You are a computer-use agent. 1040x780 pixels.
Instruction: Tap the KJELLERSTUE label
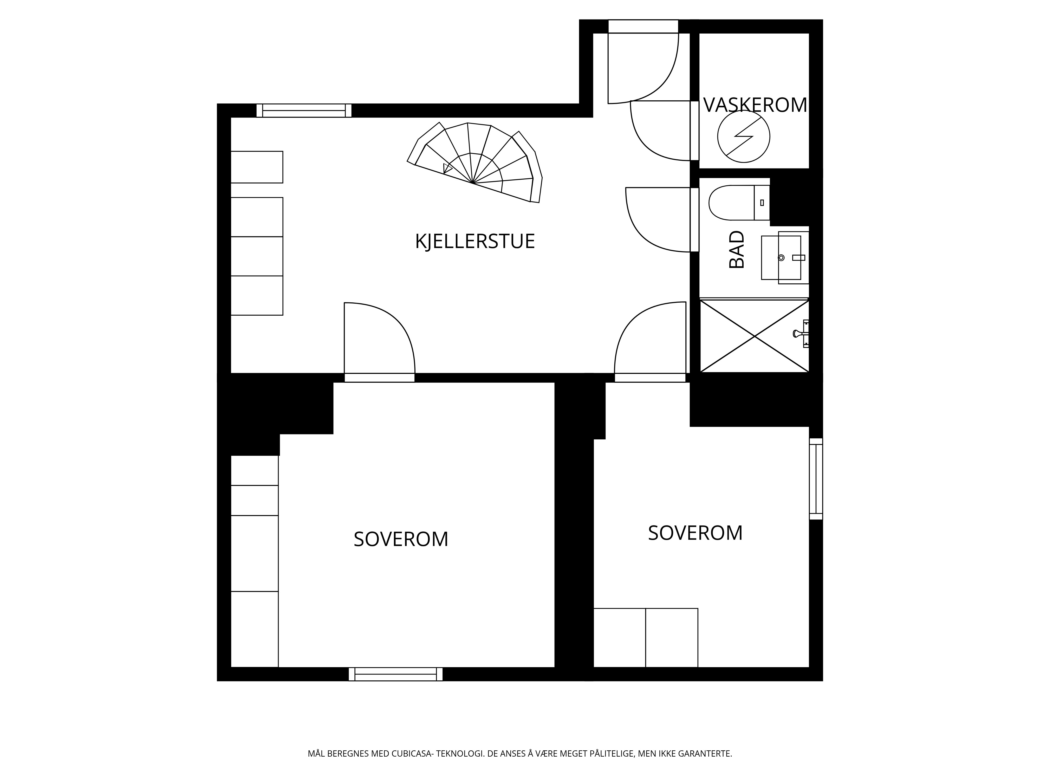click(475, 241)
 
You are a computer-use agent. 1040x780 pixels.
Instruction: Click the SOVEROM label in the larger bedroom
click(401, 539)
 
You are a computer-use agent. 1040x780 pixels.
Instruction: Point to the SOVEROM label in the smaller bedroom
click(695, 533)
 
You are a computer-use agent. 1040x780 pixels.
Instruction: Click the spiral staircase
click(475, 162)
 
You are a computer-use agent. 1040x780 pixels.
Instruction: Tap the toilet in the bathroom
click(739, 203)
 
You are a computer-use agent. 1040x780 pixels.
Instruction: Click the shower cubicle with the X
click(754, 336)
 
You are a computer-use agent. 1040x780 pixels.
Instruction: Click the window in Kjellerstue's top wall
click(304, 110)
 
